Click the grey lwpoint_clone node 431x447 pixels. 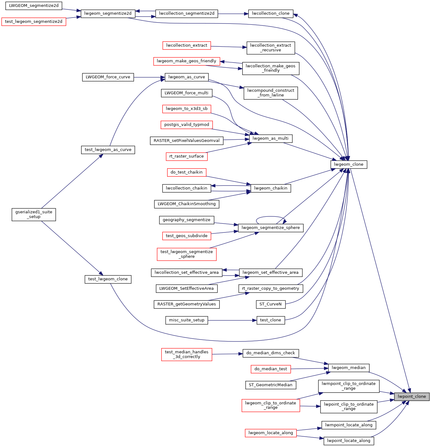pyautogui.click(x=412, y=397)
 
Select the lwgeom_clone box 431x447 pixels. pyautogui.click(x=348, y=164)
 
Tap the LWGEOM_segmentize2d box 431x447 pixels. pyautogui.click(x=34, y=6)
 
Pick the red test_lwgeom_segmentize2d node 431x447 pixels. pyautogui.click(x=34, y=22)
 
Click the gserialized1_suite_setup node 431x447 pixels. pyautogui.click(x=34, y=214)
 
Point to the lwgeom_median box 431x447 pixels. pyautogui.click(x=348, y=368)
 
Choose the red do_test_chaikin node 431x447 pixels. pyautogui.click(x=187, y=172)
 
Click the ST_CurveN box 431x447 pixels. pyautogui.click(x=270, y=304)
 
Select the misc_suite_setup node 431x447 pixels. pyautogui.click(x=187, y=320)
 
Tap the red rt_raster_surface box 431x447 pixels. pyautogui.click(x=187, y=156)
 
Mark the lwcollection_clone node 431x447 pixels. pyautogui.click(x=270, y=13)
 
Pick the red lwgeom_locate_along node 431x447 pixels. pyautogui.click(x=270, y=433)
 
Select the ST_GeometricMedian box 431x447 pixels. pyautogui.click(x=270, y=385)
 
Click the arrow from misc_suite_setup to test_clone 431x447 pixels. pyautogui.click(x=232, y=320)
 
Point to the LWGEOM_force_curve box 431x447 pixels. pyautogui.click(x=108, y=77)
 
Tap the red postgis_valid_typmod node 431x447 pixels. pyautogui.click(x=187, y=125)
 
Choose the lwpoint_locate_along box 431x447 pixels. pyautogui.click(x=348, y=441)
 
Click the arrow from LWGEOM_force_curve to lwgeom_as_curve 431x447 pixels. pyautogui.click(x=149, y=77)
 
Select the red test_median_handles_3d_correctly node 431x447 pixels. pyautogui.click(x=187, y=354)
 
